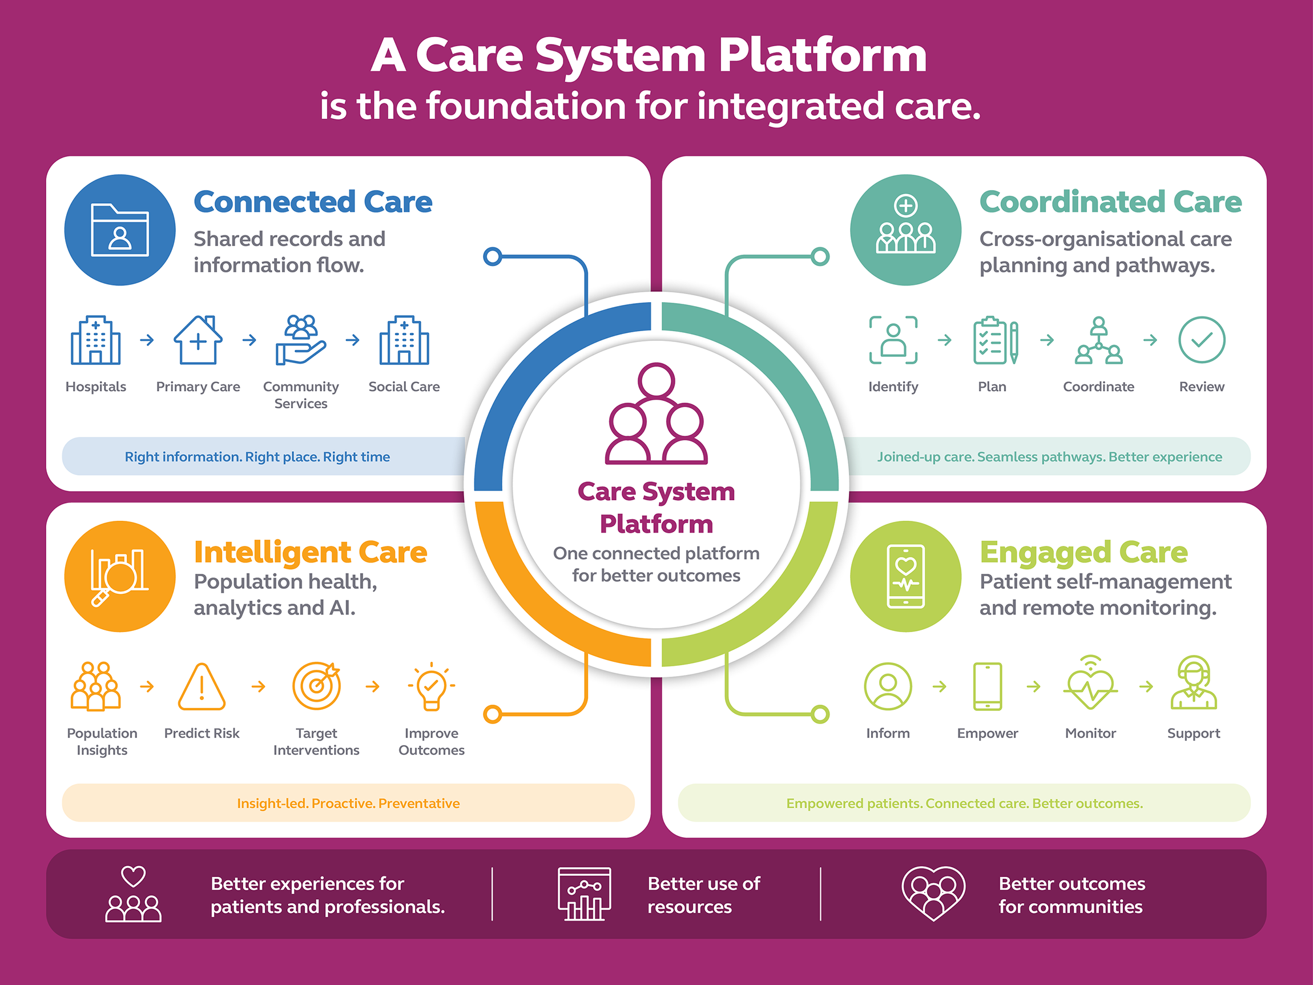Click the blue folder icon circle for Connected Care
tap(120, 230)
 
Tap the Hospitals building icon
tap(95, 340)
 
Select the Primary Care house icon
tap(198, 340)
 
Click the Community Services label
tap(301, 395)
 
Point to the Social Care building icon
tap(404, 340)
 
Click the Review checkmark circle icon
tap(1202, 340)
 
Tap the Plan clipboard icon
tap(996, 340)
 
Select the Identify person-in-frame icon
tap(893, 340)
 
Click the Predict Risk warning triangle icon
tap(202, 686)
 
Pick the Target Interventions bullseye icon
tap(316, 686)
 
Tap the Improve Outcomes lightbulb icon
tap(432, 686)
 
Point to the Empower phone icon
tap(988, 686)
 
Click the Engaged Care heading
tap(1084, 552)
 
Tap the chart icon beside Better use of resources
tap(584, 894)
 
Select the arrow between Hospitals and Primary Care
tap(147, 340)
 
